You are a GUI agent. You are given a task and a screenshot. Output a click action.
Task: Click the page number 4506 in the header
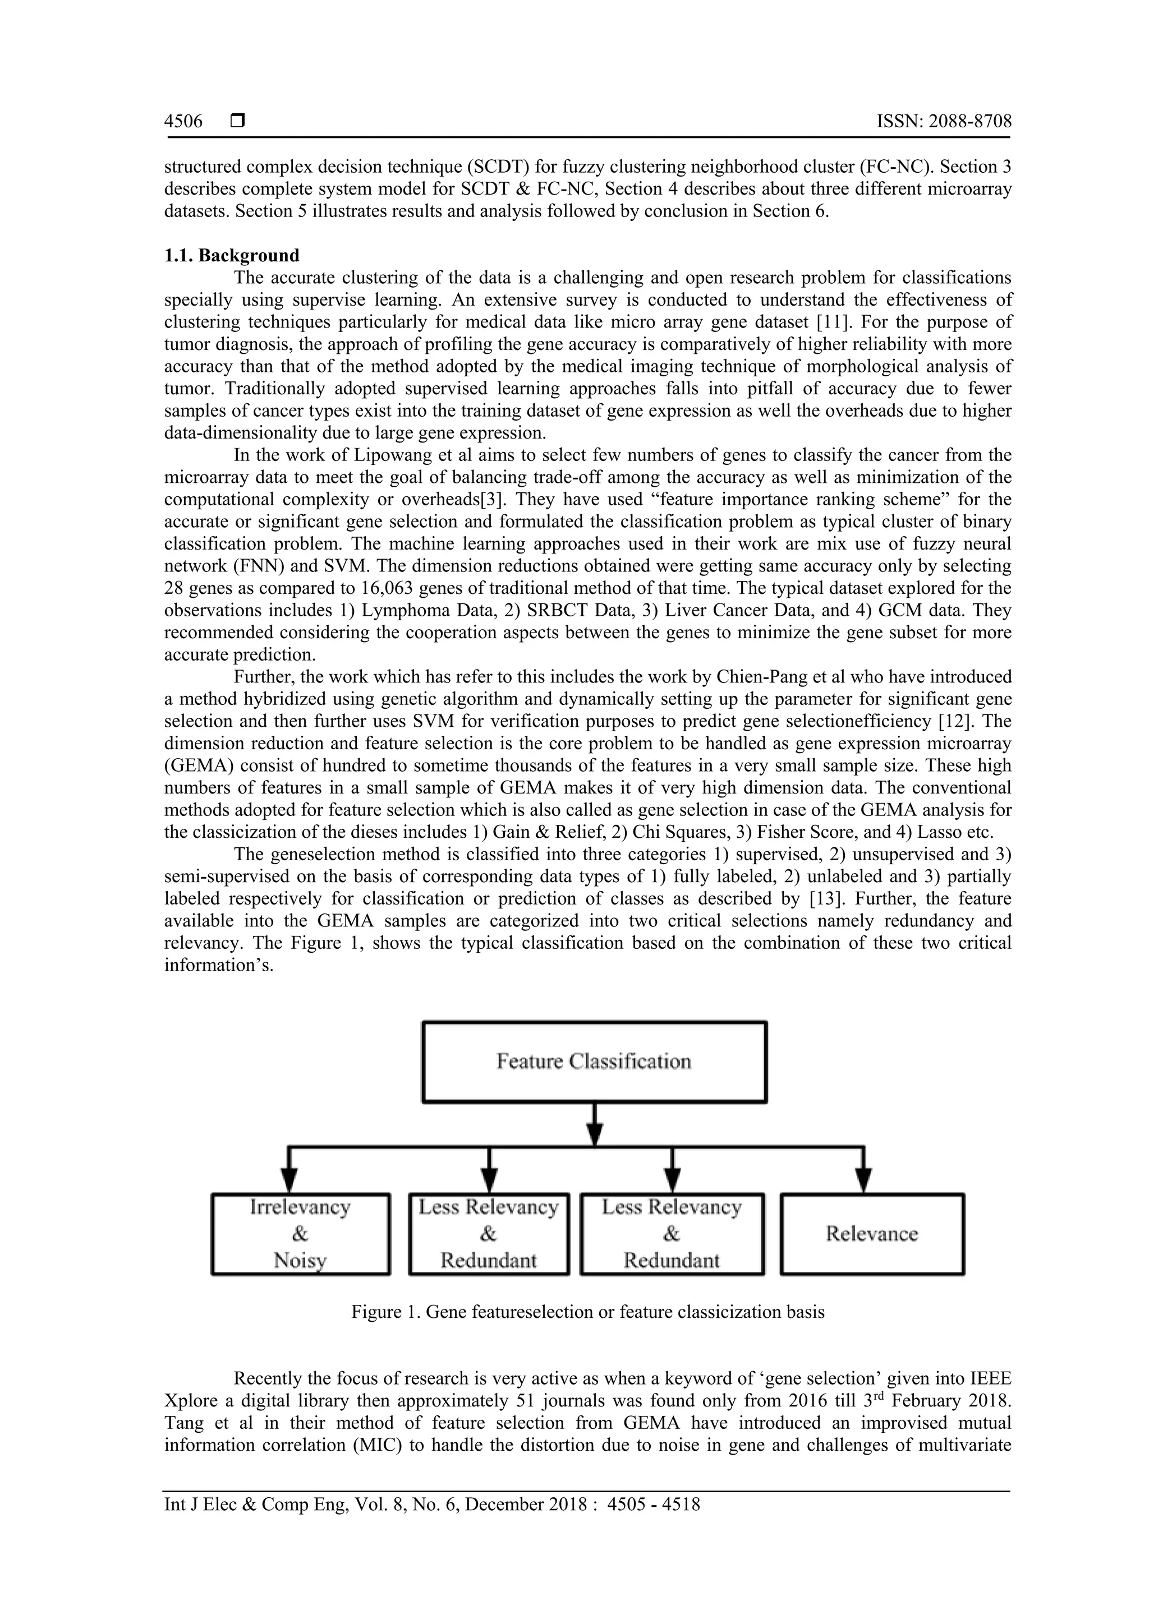183,122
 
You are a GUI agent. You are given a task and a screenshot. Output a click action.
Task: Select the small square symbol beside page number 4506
238,121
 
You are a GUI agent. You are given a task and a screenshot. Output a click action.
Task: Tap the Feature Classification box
594,1062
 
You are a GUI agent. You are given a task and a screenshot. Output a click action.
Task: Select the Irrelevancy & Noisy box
301,1234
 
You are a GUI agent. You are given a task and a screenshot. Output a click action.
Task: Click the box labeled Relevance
872,1234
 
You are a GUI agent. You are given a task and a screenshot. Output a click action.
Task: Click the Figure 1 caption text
588,1312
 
